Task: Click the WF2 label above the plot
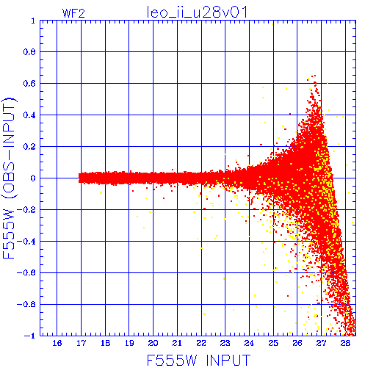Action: pos(73,13)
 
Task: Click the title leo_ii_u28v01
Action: pos(197,12)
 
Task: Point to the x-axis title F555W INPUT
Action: pos(198,360)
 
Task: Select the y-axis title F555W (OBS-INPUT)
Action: pos(9,178)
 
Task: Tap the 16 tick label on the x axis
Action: pos(57,343)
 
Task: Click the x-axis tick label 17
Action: pos(81,343)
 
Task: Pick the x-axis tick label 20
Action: pos(153,343)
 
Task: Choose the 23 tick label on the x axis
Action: pos(225,343)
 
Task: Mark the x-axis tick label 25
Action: pos(273,343)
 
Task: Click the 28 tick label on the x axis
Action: pos(345,343)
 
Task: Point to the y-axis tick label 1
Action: pos(33,21)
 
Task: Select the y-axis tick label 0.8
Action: pos(29,52)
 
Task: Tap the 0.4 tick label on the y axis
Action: pos(29,115)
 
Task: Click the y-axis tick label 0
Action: pos(33,178)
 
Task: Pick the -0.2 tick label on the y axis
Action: pos(26,210)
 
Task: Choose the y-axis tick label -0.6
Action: pos(26,272)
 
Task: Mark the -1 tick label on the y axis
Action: pos(30,336)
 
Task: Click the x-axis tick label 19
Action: pos(129,343)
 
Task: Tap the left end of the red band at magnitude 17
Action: pos(79,178)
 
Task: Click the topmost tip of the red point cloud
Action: pos(315,76)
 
